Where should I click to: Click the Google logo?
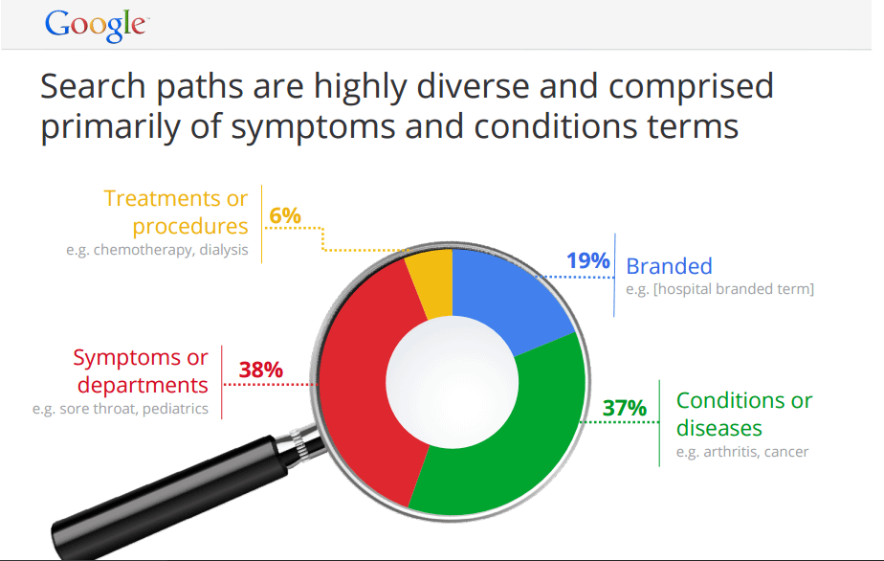(x=97, y=26)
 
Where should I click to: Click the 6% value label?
(x=285, y=215)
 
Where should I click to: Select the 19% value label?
(x=588, y=260)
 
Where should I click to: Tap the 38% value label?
(x=260, y=370)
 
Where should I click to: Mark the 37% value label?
(x=624, y=408)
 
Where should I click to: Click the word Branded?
(x=669, y=266)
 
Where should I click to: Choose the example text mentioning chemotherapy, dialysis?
(x=157, y=250)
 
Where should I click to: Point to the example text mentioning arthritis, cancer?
(x=742, y=452)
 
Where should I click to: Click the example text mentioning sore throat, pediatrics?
(x=121, y=409)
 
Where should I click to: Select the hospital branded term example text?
(x=720, y=289)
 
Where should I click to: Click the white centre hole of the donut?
(x=453, y=382)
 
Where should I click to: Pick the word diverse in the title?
(x=473, y=86)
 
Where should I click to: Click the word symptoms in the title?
(x=314, y=127)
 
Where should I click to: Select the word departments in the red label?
(x=143, y=386)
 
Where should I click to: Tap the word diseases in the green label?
(x=718, y=428)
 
